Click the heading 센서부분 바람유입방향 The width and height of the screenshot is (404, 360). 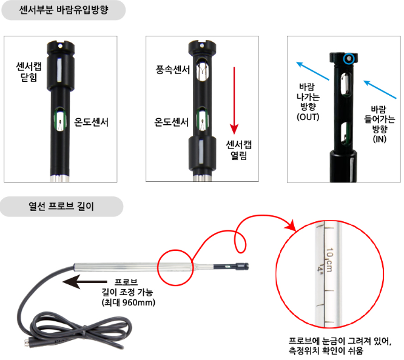point(64,10)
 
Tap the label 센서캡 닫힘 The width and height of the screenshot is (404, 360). point(29,72)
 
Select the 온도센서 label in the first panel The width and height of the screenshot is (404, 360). point(91,122)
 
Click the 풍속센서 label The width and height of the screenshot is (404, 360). point(173,70)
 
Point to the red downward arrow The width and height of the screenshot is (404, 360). point(234,101)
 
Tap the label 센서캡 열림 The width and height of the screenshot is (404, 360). point(238,150)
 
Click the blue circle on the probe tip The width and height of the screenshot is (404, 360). point(349,59)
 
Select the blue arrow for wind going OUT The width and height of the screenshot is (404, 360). point(312,71)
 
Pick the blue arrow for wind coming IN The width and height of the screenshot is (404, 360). point(380,89)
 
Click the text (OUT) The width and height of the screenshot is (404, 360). point(308,117)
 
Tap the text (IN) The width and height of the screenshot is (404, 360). point(380,139)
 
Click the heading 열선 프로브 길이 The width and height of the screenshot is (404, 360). point(61,206)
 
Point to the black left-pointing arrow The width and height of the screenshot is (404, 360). point(85,282)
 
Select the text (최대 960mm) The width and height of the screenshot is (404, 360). point(129,302)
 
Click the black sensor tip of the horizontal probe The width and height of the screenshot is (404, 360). point(231,267)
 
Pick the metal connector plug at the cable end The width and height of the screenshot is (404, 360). point(29,343)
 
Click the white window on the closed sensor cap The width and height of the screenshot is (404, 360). point(59,70)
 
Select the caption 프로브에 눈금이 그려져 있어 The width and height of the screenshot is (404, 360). point(340,341)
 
